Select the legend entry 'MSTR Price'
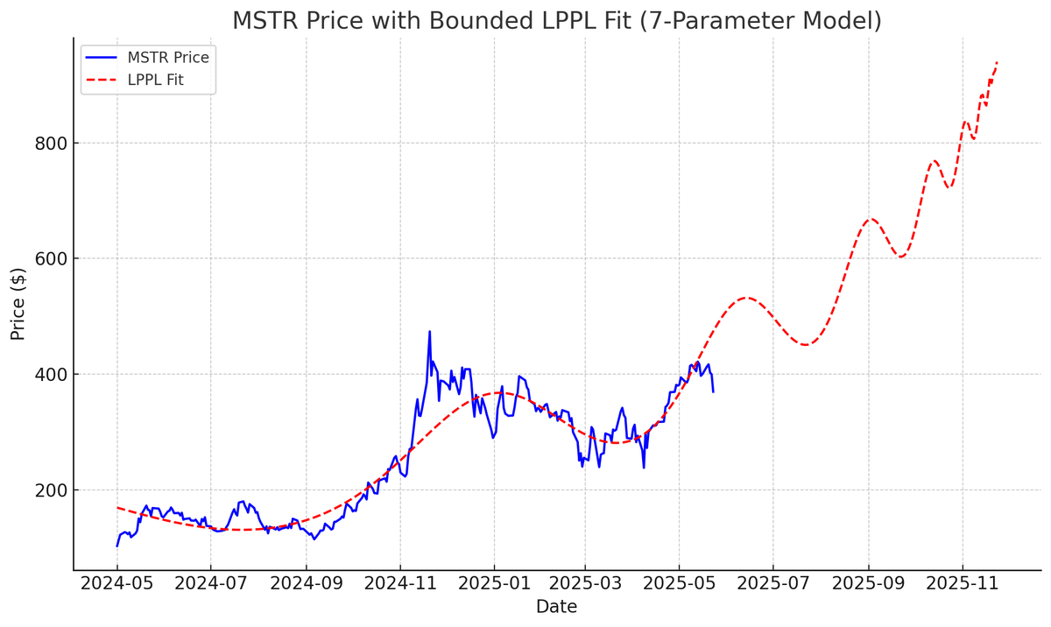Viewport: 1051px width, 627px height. (x=168, y=58)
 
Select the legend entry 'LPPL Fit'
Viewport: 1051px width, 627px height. (x=155, y=81)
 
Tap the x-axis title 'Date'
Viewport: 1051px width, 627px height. (x=556, y=607)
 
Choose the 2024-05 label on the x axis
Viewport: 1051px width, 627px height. (x=117, y=583)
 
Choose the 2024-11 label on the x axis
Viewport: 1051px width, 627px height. (x=400, y=583)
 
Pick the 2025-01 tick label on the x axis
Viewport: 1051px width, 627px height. (x=494, y=583)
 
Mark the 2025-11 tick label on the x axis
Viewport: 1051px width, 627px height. (x=963, y=583)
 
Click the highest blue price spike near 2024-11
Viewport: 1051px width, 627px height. (x=429, y=331)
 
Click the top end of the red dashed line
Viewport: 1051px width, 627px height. (x=997, y=62)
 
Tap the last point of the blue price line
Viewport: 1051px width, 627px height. (x=713, y=391)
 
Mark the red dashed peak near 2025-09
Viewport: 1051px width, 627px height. (x=871, y=219)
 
